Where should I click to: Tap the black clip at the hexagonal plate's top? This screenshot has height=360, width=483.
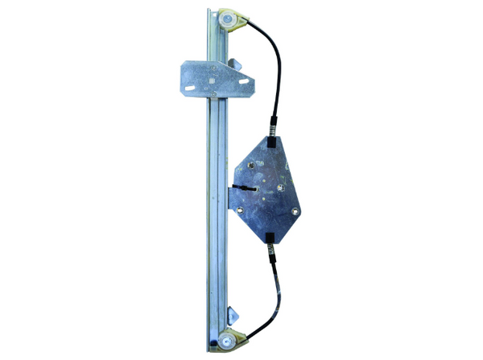(x=273, y=126)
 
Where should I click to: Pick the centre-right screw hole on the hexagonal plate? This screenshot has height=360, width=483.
(x=281, y=188)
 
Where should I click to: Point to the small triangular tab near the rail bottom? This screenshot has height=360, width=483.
(x=232, y=315)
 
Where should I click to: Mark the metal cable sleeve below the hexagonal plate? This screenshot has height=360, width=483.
(x=271, y=254)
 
